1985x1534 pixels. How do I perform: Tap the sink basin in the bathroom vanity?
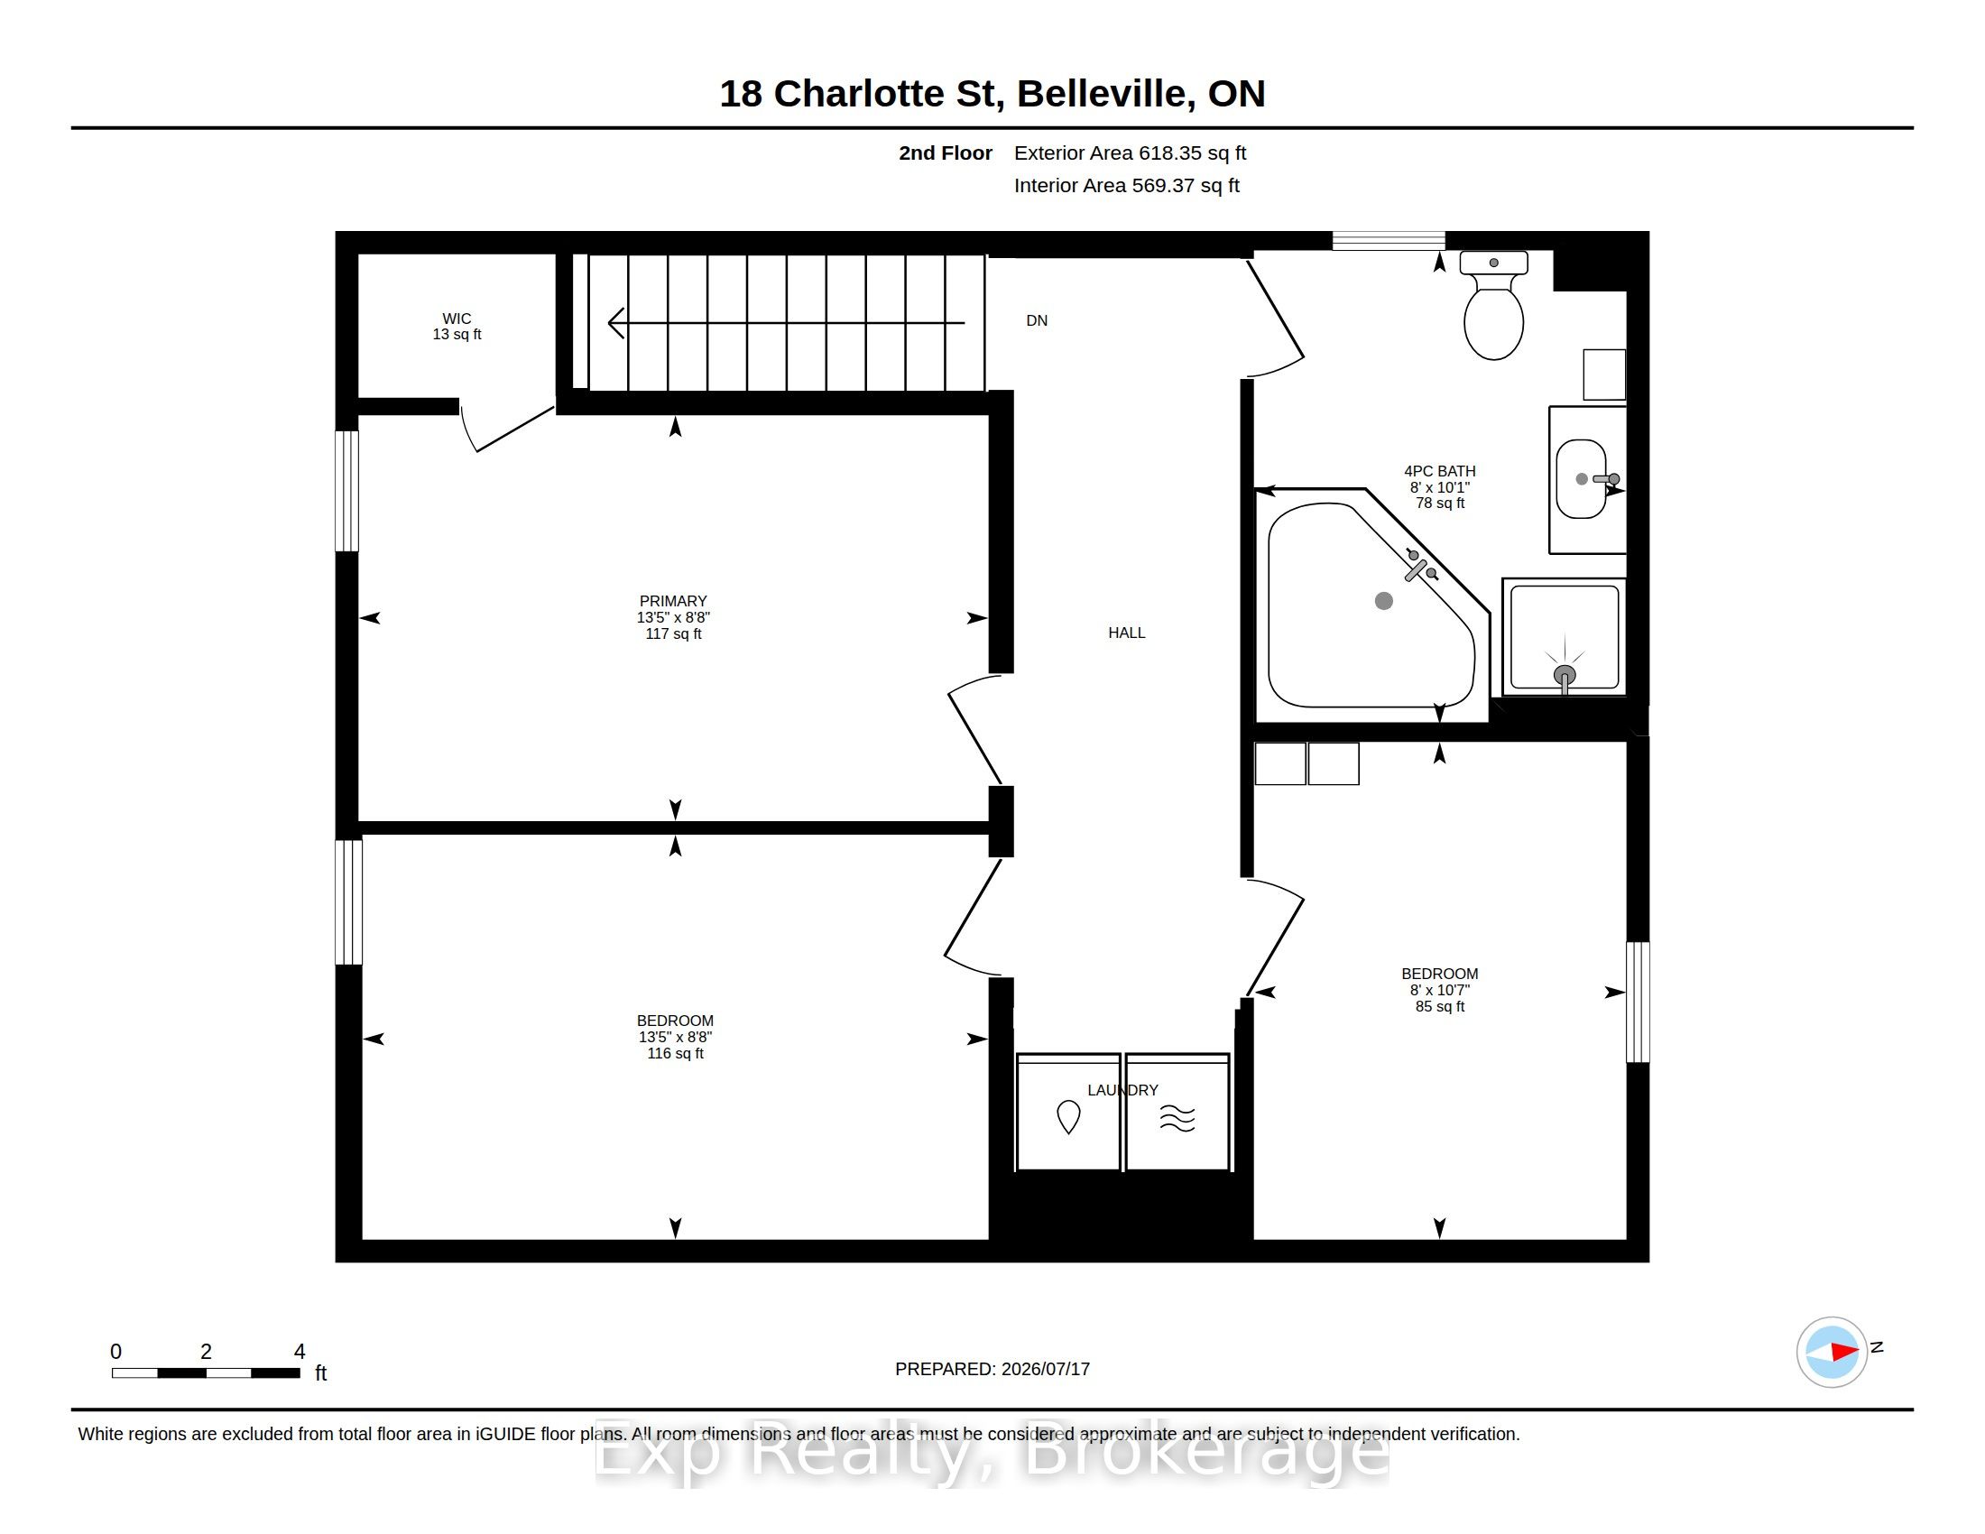[x=1581, y=479]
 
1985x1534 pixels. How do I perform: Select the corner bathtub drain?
[x=1383, y=601]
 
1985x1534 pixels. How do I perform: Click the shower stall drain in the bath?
[x=1565, y=675]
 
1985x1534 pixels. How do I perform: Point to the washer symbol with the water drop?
[x=1068, y=1117]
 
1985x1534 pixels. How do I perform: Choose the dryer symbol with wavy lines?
[x=1177, y=1119]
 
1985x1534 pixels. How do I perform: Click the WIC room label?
[x=457, y=318]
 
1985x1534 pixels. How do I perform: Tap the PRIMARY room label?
[x=672, y=601]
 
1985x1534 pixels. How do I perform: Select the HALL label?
[x=1126, y=633]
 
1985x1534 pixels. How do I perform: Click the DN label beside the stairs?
[x=1037, y=321]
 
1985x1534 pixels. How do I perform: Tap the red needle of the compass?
[x=1844, y=1352]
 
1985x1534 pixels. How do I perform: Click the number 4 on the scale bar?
[x=300, y=1352]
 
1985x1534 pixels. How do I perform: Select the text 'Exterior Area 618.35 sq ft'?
[x=1130, y=152]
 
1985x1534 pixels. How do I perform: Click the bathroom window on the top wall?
[x=1388, y=240]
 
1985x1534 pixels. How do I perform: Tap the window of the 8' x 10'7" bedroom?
[x=1638, y=1002]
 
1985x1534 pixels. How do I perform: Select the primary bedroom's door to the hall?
[x=974, y=729]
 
